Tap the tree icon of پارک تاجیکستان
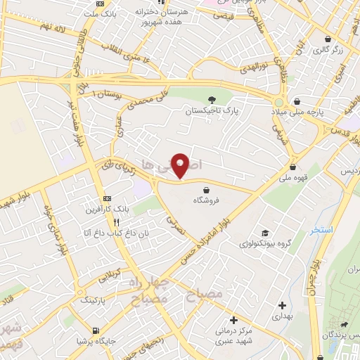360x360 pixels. [x=213, y=100]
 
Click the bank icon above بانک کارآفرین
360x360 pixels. [x=107, y=198]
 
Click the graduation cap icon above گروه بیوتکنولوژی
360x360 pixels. [x=264, y=233]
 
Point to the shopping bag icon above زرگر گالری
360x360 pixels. [x=328, y=39]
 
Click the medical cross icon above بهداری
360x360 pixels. [x=282, y=305]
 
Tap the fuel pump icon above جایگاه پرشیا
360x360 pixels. [x=96, y=330]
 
